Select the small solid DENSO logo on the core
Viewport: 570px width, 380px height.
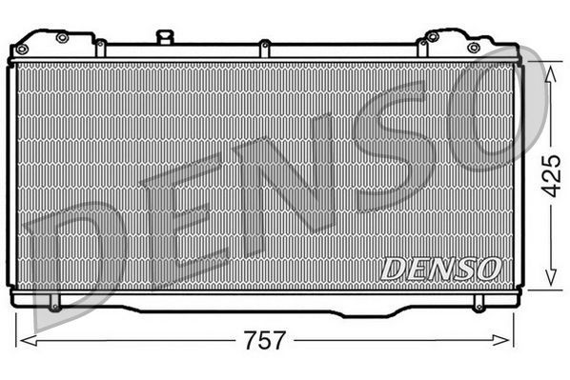(440, 269)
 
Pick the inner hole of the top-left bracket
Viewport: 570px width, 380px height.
(62, 38)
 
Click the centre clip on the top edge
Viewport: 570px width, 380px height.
(264, 44)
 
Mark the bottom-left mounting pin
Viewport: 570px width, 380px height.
(54, 306)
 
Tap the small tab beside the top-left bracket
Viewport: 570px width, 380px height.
(100, 44)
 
